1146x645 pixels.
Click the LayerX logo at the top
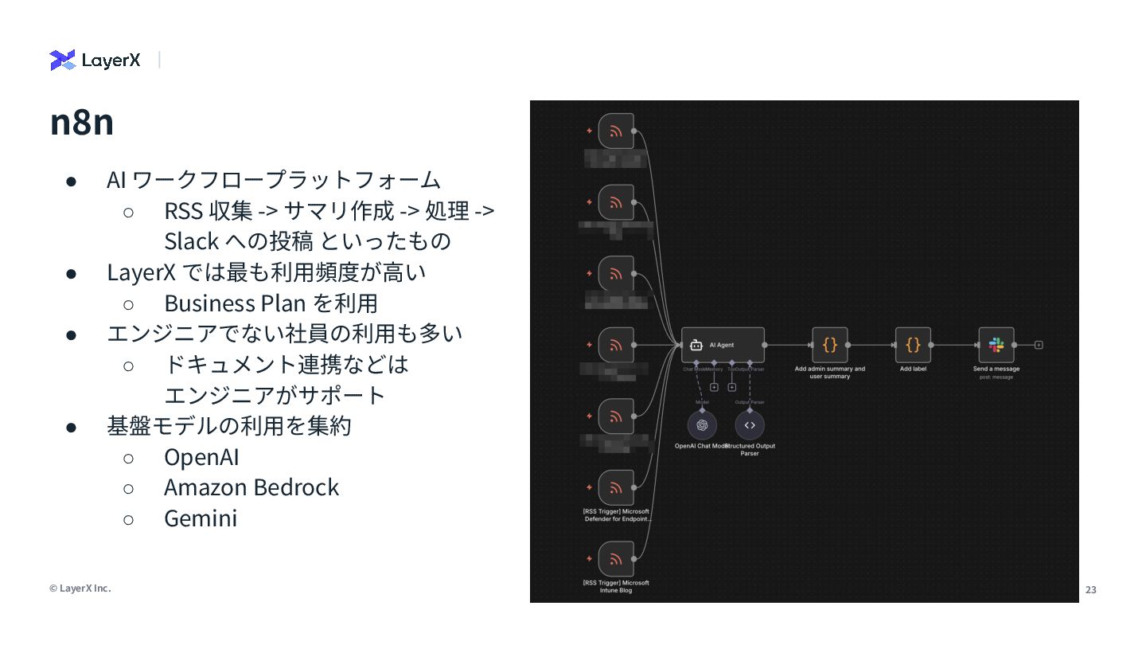(95, 60)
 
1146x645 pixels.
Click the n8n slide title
(81, 122)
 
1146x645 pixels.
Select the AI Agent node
(723, 345)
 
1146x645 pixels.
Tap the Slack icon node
(996, 345)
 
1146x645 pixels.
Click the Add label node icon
(913, 345)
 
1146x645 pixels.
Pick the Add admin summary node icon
(829, 345)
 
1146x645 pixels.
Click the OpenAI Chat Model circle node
(702, 425)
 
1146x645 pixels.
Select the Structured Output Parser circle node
(750, 425)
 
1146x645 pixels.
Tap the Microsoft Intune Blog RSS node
(616, 559)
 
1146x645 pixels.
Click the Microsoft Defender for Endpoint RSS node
(616, 487)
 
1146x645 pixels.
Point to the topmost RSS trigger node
(616, 131)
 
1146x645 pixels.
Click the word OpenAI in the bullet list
(201, 457)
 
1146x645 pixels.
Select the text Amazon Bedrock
(251, 487)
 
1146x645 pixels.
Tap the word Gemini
(201, 518)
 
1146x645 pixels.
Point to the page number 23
(1090, 589)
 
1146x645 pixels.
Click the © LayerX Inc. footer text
(80, 588)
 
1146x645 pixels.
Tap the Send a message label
(996, 369)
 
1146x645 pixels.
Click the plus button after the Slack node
(1039, 345)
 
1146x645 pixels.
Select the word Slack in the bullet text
(191, 241)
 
